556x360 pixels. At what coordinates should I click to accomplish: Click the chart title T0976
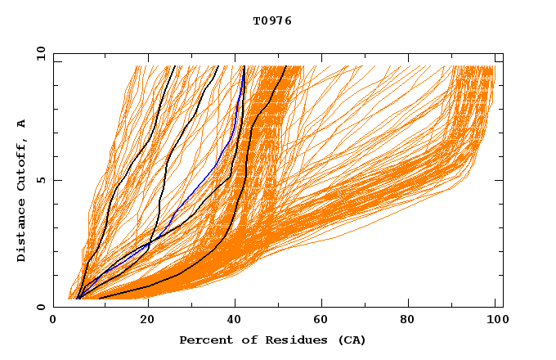272,21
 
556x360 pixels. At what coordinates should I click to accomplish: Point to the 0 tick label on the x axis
53,322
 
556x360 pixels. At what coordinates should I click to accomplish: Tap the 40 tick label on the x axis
234,322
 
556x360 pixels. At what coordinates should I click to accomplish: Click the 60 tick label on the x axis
321,322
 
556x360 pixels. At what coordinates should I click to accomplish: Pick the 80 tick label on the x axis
407,322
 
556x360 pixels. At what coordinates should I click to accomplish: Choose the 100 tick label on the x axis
494,322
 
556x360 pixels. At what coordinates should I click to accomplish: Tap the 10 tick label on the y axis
38,53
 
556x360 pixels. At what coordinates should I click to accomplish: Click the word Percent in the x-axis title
203,340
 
